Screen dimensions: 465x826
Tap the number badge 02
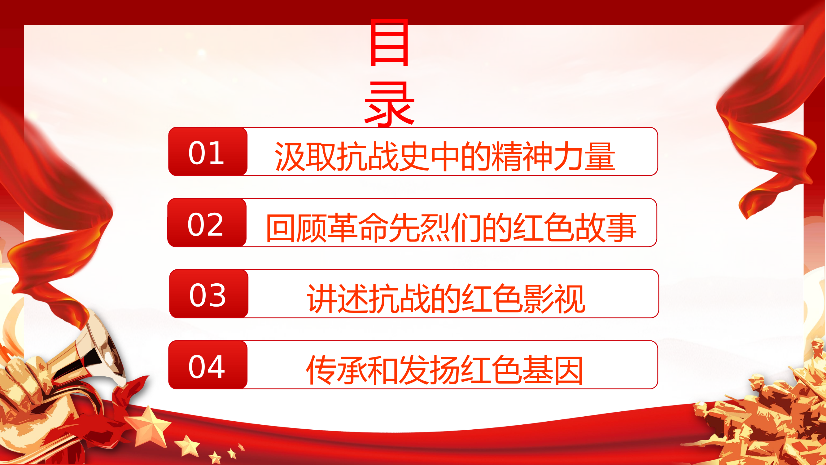click(x=207, y=223)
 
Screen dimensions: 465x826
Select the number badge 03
click(x=208, y=294)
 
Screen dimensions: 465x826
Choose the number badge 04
click(x=208, y=365)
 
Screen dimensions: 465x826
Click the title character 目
click(x=389, y=42)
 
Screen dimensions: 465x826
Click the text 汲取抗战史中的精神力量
click(x=445, y=156)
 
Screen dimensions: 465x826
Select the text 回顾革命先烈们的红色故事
click(x=451, y=228)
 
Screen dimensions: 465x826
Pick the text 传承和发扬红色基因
click(x=444, y=370)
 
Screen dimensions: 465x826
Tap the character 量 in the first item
click(x=600, y=156)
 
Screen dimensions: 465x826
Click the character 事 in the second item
click(x=621, y=228)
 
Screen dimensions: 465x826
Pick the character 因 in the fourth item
click(x=569, y=370)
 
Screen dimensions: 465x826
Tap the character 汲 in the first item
click(x=290, y=156)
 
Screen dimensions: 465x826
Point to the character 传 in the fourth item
click(x=321, y=370)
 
